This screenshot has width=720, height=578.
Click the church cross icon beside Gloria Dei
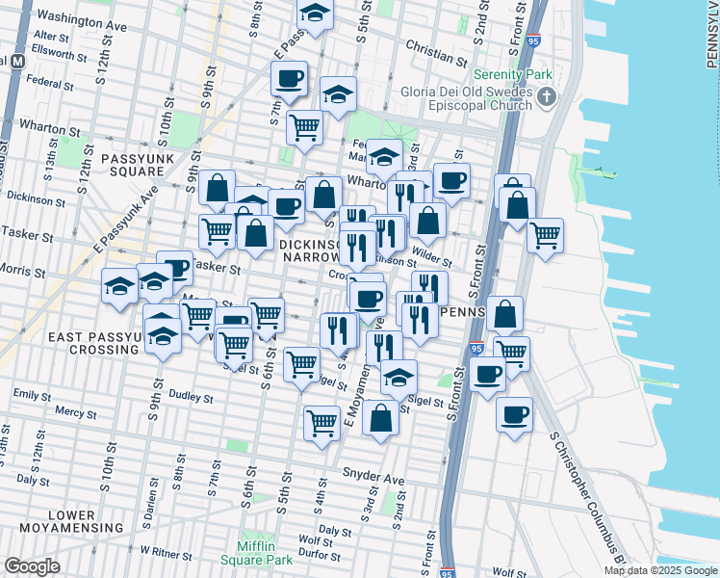547,96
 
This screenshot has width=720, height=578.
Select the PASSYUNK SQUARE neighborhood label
130,163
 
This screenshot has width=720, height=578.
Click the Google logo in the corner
32,566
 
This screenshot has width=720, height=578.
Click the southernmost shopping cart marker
321,421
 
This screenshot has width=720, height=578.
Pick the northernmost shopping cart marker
304,125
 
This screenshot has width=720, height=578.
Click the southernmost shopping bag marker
381,418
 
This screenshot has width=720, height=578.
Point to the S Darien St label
150,504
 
